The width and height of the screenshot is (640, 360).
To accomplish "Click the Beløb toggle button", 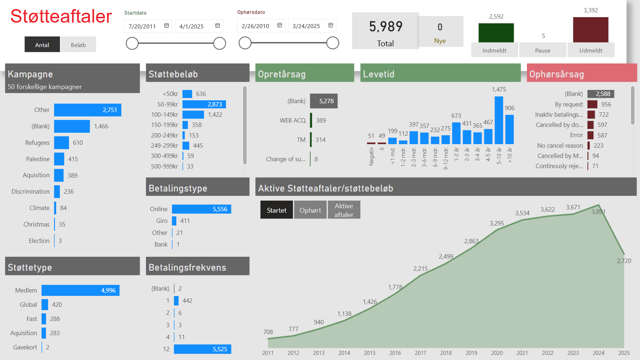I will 78,45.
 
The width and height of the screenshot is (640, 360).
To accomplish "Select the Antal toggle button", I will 42,45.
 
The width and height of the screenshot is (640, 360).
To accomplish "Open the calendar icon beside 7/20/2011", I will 167,26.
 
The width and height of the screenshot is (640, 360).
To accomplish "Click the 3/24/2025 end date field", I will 306,26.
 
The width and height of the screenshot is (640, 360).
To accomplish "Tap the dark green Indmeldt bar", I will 496,33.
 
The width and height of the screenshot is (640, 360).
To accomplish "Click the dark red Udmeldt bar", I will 590,30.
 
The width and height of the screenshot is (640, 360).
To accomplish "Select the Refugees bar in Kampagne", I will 61,143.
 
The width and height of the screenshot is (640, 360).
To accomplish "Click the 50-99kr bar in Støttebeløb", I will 204,104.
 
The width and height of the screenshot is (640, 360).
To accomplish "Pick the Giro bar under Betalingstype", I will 174,221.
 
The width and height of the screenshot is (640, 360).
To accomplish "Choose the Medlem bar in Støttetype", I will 80,290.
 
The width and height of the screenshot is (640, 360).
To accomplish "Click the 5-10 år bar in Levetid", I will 499,120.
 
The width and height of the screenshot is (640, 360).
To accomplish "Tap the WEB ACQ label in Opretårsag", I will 293,120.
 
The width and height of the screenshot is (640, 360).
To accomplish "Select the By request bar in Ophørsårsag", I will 592,104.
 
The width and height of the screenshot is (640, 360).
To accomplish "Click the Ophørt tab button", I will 310,210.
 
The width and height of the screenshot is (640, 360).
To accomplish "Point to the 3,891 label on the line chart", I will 598,212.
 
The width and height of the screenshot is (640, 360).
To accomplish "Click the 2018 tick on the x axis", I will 446,353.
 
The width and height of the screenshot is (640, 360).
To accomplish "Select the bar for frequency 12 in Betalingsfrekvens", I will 203,349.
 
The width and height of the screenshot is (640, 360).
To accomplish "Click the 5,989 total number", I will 386,27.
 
